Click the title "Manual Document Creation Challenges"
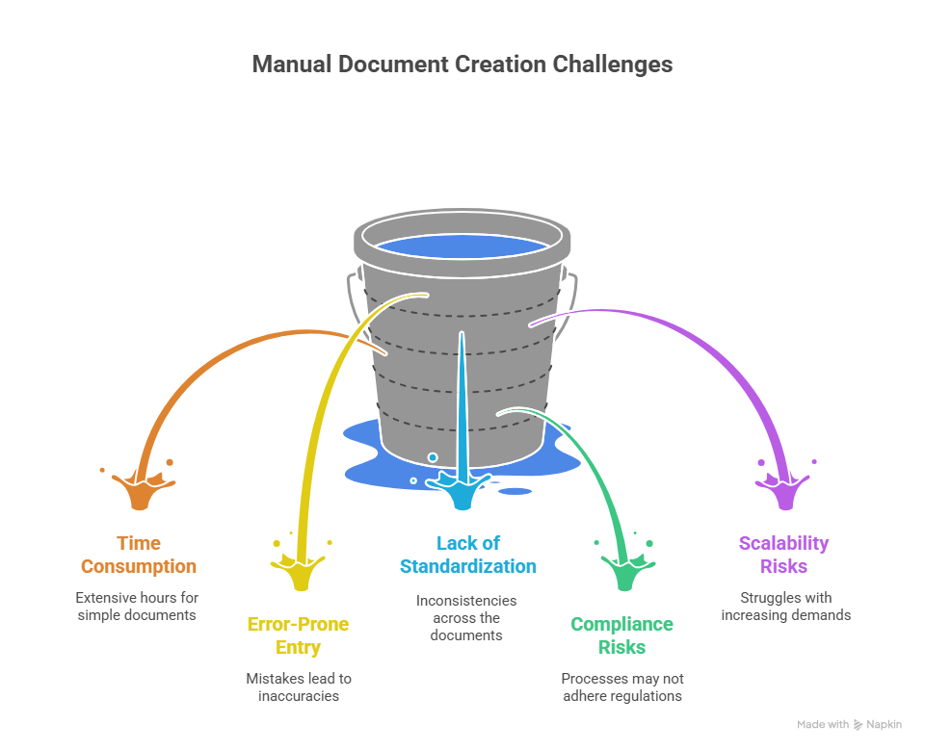coord(462,65)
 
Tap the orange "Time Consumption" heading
coord(139,555)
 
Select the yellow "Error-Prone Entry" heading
coord(298,636)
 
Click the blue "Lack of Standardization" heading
coord(468,555)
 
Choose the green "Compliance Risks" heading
coord(621,635)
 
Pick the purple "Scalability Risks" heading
coord(783,555)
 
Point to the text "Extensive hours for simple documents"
coord(137,606)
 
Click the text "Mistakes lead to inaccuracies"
coord(298,686)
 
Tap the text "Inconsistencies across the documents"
coord(466,617)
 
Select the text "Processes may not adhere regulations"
coord(621,686)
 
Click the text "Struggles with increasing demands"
coord(785,606)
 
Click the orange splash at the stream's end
coord(141,489)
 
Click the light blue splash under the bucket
coord(461,489)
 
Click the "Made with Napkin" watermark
coord(849,724)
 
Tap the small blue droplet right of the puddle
coord(515,491)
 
